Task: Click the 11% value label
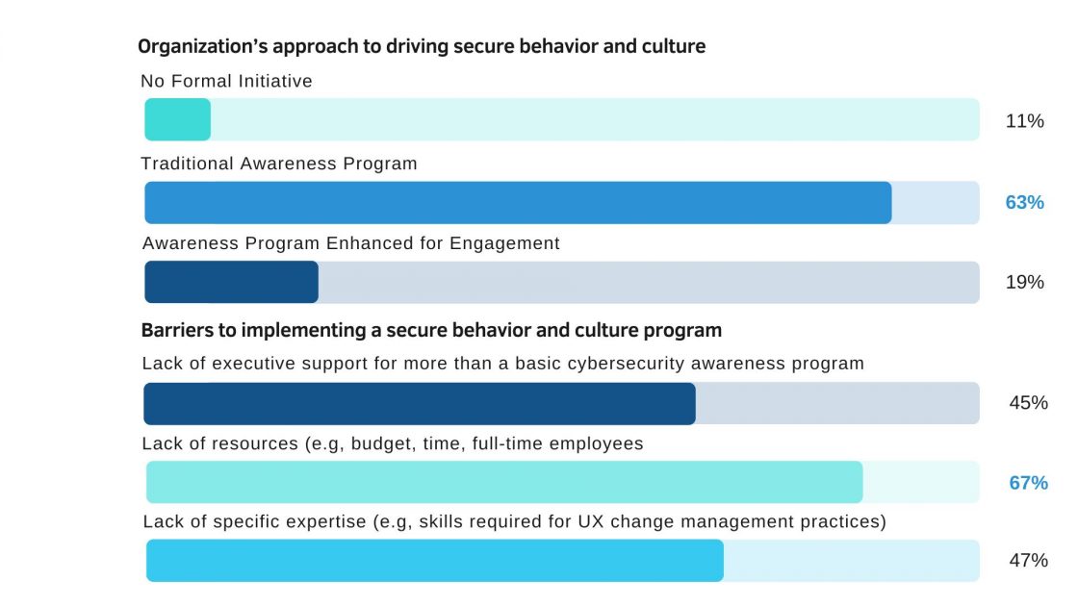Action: coord(1024,121)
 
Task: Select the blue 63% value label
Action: coord(1024,203)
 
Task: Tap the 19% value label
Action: coord(1024,283)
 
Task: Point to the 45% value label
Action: coord(1029,403)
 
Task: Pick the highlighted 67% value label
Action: coord(1029,483)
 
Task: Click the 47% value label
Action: coord(1029,561)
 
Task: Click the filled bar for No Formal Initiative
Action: coord(177,119)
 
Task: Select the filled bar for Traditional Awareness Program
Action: coord(518,203)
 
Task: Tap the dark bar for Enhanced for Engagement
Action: coord(231,282)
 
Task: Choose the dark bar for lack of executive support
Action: coord(420,403)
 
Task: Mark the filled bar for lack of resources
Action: coord(504,482)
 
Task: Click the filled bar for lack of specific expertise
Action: coord(434,560)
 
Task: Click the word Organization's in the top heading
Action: coord(203,47)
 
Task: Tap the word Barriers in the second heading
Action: coord(177,331)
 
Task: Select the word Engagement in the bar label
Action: coord(504,244)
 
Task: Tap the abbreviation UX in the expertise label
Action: coord(591,521)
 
